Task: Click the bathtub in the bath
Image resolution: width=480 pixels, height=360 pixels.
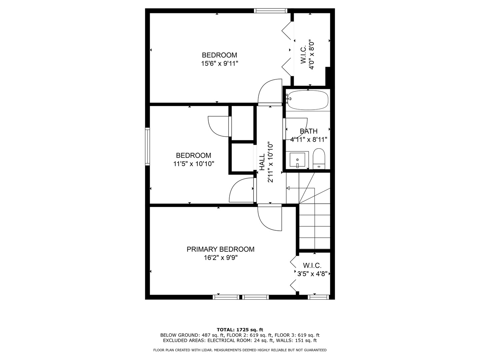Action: pos(308,100)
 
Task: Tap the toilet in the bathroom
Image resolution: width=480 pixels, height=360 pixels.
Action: pos(319,159)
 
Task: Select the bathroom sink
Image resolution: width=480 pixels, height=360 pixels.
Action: pos(297,160)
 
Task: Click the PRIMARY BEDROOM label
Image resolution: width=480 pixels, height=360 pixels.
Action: pos(220,249)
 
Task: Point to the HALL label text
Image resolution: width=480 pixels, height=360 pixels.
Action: pos(262,162)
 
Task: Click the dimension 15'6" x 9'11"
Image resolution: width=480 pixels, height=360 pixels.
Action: pos(220,64)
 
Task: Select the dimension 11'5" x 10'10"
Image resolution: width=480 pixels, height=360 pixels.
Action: pos(194,164)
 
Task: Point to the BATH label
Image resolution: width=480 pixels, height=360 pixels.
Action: pos(309,131)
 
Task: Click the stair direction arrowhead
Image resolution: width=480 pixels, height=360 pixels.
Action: pos(288,188)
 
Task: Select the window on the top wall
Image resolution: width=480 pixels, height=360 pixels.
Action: pos(271,10)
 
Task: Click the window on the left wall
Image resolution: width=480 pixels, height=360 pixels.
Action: pos(147,146)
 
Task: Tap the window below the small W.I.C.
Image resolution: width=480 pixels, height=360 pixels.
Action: pos(318,297)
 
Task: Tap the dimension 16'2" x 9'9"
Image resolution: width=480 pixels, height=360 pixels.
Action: pos(221,258)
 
